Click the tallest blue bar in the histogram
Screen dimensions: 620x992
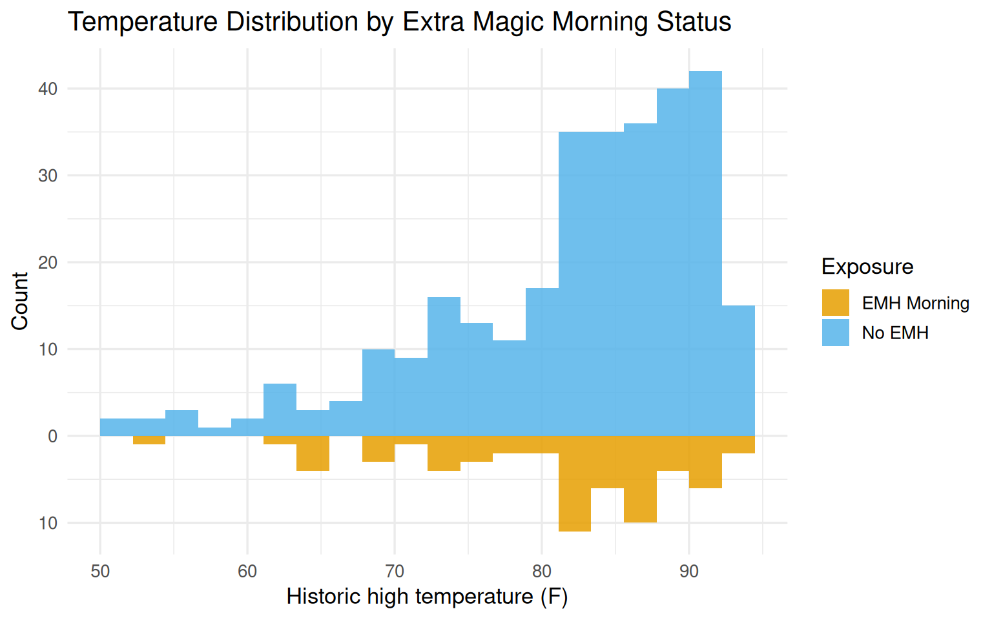click(705, 252)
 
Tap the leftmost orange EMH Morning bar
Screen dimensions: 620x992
click(149, 440)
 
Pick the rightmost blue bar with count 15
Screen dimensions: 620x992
click(738, 371)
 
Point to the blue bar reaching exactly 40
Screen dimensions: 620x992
click(672, 258)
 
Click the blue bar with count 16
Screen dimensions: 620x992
click(444, 366)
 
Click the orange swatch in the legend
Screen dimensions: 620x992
click(835, 303)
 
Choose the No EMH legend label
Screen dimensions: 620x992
click(895, 333)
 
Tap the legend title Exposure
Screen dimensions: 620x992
click(867, 267)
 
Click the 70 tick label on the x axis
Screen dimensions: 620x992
click(395, 572)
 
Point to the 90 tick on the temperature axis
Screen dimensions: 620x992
click(689, 572)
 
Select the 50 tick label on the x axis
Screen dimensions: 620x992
click(100, 572)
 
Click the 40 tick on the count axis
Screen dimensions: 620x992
click(48, 89)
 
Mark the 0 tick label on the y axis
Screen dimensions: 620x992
click(53, 437)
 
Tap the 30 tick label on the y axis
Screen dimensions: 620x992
click(48, 176)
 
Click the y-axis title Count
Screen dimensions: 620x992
click(20, 301)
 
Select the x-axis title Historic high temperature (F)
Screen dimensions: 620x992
click(427, 597)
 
